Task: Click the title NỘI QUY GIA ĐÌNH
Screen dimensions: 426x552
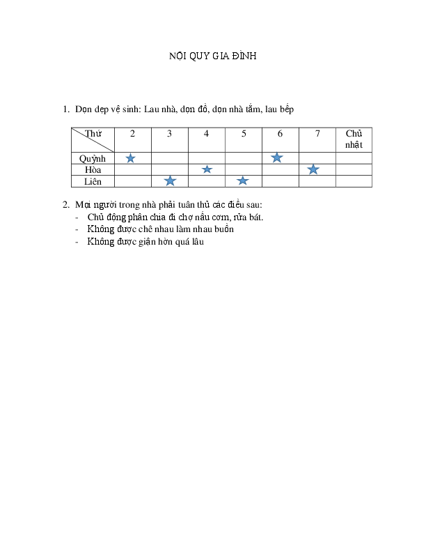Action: pyautogui.click(x=212, y=56)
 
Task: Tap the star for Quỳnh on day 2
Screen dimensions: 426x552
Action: pyautogui.click(x=130, y=158)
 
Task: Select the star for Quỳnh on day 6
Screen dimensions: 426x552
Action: pyautogui.click(x=277, y=158)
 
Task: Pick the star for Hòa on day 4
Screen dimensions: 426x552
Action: pyautogui.click(x=207, y=169)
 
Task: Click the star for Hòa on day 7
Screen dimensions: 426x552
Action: pyautogui.click(x=313, y=169)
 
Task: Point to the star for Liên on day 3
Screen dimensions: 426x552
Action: pyautogui.click(x=170, y=181)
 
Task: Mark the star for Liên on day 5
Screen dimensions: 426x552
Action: pyautogui.click(x=242, y=181)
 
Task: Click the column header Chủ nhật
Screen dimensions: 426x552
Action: pyautogui.click(x=354, y=139)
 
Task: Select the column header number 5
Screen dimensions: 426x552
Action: pyautogui.click(x=244, y=134)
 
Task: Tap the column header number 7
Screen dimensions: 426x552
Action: pyautogui.click(x=317, y=134)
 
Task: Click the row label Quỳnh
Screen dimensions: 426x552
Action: pyautogui.click(x=93, y=159)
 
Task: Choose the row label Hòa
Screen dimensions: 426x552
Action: pyautogui.click(x=93, y=169)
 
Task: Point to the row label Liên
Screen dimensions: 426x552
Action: pyautogui.click(x=93, y=181)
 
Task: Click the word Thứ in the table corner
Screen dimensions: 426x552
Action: pyautogui.click(x=93, y=133)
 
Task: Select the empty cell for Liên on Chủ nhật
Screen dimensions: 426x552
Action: pyautogui.click(x=354, y=181)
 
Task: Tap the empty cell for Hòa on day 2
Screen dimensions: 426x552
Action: pyautogui.click(x=133, y=169)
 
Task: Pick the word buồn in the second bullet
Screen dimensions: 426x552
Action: pyautogui.click(x=224, y=229)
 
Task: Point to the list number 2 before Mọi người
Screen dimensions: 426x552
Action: pyautogui.click(x=66, y=205)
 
